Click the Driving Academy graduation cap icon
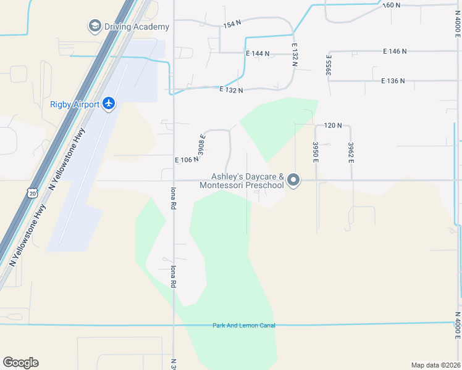pyautogui.click(x=94, y=26)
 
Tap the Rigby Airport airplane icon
pyautogui.click(x=109, y=103)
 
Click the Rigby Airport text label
pyautogui.click(x=75, y=104)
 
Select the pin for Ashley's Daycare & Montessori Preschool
pyautogui.click(x=293, y=181)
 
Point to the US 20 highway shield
pyautogui.click(x=32, y=193)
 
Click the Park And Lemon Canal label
pyautogui.click(x=243, y=325)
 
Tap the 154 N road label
pyautogui.click(x=232, y=24)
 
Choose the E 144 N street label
pyautogui.click(x=258, y=54)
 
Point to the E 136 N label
pyautogui.click(x=393, y=81)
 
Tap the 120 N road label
pyautogui.click(x=332, y=125)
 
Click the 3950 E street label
pyautogui.click(x=315, y=152)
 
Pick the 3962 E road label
pyautogui.click(x=351, y=152)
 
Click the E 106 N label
pyautogui.click(x=187, y=160)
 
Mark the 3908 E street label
pyautogui.click(x=201, y=144)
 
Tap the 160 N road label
pyautogui.click(x=391, y=5)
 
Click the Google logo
pyautogui.click(x=20, y=363)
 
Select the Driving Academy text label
pyautogui.click(x=136, y=27)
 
